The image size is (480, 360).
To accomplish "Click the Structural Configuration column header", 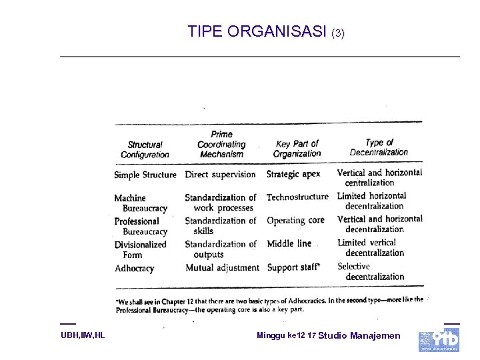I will [x=145, y=149].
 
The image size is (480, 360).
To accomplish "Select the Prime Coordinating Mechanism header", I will [x=221, y=144].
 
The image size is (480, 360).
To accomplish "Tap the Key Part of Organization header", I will [x=297, y=148].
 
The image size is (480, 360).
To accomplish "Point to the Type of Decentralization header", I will [x=379, y=147].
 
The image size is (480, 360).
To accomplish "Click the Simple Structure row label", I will [x=145, y=175].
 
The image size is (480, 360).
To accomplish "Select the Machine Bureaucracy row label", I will [x=141, y=203].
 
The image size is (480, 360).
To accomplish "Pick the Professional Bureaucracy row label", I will [x=141, y=226].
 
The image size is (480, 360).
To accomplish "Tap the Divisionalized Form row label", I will [x=140, y=249].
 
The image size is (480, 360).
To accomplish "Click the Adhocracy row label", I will [x=134, y=268].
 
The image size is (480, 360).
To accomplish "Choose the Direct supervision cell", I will [x=220, y=174].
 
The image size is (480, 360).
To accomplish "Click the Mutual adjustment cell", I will [x=222, y=267].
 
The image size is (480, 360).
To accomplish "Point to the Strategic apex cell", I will [x=293, y=174].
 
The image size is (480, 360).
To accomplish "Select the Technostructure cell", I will [x=297, y=197].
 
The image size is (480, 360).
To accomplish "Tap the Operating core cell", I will [x=295, y=220].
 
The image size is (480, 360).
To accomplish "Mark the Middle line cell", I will [x=289, y=243].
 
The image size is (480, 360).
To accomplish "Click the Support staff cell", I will [x=293, y=267].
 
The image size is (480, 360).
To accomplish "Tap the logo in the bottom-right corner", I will [x=439, y=339].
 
